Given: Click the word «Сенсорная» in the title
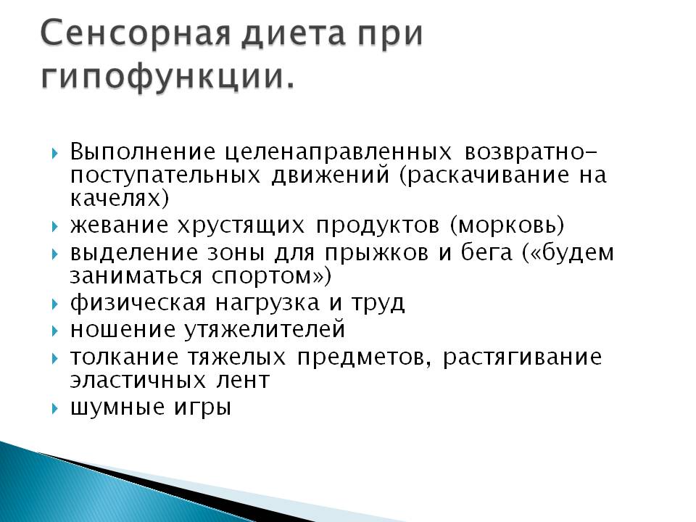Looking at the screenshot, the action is click(x=136, y=33).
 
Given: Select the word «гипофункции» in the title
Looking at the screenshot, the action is click(x=162, y=76).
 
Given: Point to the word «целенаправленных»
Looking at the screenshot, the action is click(x=339, y=152).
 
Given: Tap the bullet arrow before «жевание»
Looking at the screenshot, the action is click(x=54, y=227).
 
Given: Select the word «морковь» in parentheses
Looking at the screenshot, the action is click(x=507, y=225).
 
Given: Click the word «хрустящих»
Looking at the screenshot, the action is click(x=241, y=226).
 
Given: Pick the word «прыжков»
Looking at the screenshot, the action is click(x=376, y=254).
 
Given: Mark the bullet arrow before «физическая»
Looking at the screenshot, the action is click(x=54, y=304).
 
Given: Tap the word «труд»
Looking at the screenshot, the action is click(x=378, y=304).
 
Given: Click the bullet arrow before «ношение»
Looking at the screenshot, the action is click(x=54, y=331).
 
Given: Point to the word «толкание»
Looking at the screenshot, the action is click(x=124, y=357).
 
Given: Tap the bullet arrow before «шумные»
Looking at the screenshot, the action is click(x=54, y=408).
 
